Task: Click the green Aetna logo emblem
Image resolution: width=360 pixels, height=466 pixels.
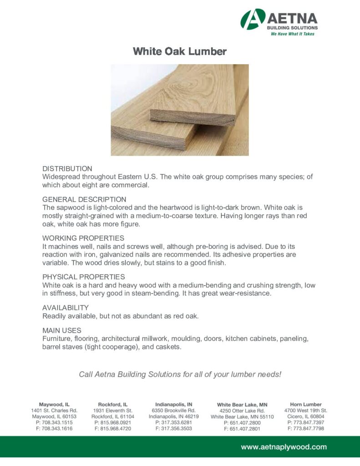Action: [x=252, y=19]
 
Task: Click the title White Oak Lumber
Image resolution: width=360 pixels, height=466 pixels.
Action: [x=179, y=51]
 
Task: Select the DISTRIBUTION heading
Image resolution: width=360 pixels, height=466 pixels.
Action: [x=67, y=168]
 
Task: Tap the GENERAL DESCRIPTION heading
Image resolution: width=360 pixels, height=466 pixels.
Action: [x=84, y=199]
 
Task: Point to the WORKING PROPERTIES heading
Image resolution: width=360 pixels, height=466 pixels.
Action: [x=83, y=238]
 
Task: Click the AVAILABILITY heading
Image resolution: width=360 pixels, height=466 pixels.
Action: [x=66, y=308]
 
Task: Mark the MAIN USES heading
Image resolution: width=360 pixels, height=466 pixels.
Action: [x=62, y=330]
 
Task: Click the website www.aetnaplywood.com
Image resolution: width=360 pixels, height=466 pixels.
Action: [x=284, y=447]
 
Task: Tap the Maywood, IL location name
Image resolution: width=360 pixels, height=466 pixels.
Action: [x=54, y=404]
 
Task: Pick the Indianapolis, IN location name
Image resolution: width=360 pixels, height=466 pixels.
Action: [x=174, y=404]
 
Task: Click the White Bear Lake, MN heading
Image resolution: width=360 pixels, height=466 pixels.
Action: [x=242, y=405]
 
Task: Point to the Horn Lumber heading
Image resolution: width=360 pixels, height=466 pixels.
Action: [x=306, y=404]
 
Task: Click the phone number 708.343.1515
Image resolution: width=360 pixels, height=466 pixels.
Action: [x=57, y=422]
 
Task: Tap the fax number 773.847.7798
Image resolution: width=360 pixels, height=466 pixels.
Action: [x=309, y=428]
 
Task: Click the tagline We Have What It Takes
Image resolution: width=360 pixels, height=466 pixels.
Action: [x=293, y=34]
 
